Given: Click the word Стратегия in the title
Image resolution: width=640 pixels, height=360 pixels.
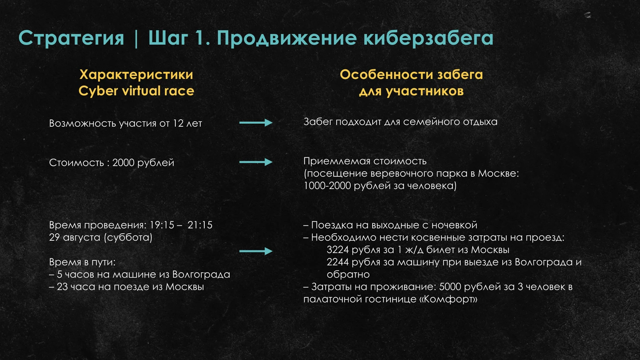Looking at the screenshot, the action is (x=71, y=38).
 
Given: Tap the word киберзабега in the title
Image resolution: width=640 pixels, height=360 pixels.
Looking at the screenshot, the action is (x=428, y=38).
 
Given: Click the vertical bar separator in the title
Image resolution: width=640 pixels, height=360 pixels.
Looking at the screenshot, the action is (x=136, y=38).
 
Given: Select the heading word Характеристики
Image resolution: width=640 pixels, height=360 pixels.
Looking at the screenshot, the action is (x=136, y=75).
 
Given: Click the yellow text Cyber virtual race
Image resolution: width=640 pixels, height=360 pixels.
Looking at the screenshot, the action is (x=136, y=91).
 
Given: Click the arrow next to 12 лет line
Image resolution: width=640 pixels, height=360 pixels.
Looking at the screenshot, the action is (x=256, y=123).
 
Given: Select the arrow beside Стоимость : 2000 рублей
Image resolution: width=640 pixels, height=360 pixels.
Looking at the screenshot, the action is (x=256, y=162).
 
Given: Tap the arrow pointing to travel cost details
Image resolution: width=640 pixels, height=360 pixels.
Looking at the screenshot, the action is (x=256, y=251).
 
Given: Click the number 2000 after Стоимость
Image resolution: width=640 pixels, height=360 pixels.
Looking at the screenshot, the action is (x=123, y=163).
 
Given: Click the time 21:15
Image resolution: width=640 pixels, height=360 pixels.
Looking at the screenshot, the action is (x=200, y=225).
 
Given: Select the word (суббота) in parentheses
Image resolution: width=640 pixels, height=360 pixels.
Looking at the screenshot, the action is (x=128, y=237).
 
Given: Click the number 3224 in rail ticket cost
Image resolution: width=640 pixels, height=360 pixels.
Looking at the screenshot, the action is (x=338, y=250).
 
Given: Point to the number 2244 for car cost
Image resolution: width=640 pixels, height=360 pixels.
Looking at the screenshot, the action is (x=338, y=262).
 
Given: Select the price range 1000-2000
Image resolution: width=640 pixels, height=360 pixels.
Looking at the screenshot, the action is (x=327, y=186).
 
